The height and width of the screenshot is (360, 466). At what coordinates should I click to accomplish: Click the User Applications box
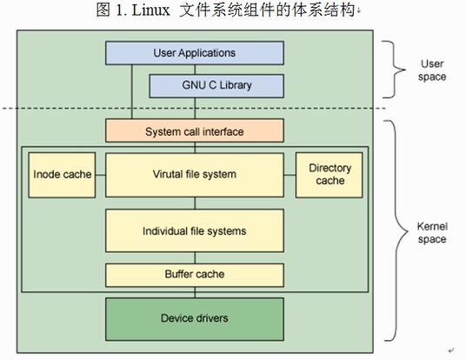click(195, 53)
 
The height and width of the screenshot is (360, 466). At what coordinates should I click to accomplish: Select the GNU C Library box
click(216, 86)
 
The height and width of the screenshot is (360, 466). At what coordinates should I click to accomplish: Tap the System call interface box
click(195, 130)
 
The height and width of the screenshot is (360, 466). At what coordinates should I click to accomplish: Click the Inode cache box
click(62, 175)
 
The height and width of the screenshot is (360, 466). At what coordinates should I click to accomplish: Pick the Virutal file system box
click(195, 175)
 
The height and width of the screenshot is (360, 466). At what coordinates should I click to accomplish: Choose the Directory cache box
click(330, 175)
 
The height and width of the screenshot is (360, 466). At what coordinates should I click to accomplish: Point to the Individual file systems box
click(195, 230)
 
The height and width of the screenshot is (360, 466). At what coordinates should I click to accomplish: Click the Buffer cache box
click(195, 275)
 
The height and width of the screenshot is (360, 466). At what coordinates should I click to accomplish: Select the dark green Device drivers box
click(195, 319)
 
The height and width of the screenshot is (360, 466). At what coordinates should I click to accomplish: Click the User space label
click(432, 70)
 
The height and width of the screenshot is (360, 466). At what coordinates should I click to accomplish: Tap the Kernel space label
click(432, 233)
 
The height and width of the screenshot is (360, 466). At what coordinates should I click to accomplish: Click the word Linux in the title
click(150, 10)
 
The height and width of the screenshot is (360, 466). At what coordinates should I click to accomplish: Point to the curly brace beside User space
click(395, 70)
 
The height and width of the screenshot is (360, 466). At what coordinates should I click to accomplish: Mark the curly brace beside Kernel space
click(396, 230)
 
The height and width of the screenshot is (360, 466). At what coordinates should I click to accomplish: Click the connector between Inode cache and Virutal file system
click(101, 175)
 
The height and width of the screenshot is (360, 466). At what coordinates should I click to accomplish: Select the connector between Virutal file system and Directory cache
click(290, 175)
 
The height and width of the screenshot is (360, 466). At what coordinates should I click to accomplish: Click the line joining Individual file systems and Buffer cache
click(195, 258)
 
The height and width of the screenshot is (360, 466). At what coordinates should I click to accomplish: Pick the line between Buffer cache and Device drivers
click(195, 292)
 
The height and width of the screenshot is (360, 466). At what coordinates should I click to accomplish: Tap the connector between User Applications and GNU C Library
click(195, 70)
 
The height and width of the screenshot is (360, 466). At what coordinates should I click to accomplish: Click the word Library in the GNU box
click(236, 85)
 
